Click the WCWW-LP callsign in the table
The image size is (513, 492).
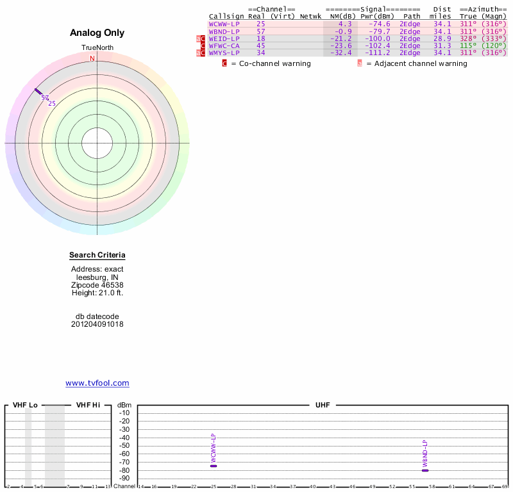pos(224,24)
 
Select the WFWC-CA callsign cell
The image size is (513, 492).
pos(224,45)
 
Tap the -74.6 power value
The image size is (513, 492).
pos(379,24)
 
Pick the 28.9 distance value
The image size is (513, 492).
pos(442,38)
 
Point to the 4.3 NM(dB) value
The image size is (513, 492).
pos(345,24)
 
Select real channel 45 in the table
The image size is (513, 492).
pos(260,45)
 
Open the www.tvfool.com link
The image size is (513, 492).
pos(97,383)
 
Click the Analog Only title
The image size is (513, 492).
pos(97,33)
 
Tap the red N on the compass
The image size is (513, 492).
pos(92,58)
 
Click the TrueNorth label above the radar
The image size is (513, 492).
pos(97,48)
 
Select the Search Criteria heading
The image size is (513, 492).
pos(97,255)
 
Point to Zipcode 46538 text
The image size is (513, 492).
pos(97,285)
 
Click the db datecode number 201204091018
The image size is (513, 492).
pos(97,324)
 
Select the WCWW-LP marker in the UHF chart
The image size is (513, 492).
pos(214,466)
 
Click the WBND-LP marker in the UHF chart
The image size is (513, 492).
pos(425,470)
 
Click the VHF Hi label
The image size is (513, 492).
pos(88,406)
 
